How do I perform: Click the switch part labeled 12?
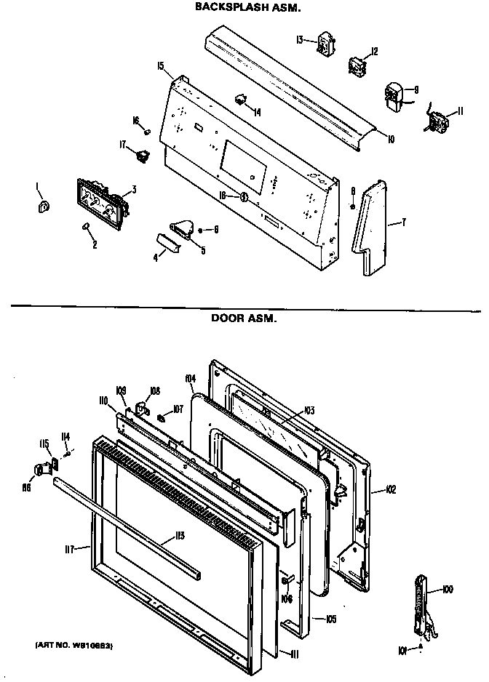tap(357, 66)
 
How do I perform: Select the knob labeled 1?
tap(42, 209)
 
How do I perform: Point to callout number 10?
tap(391, 138)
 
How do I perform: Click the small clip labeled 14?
tap(240, 98)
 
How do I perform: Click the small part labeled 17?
tap(143, 154)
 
